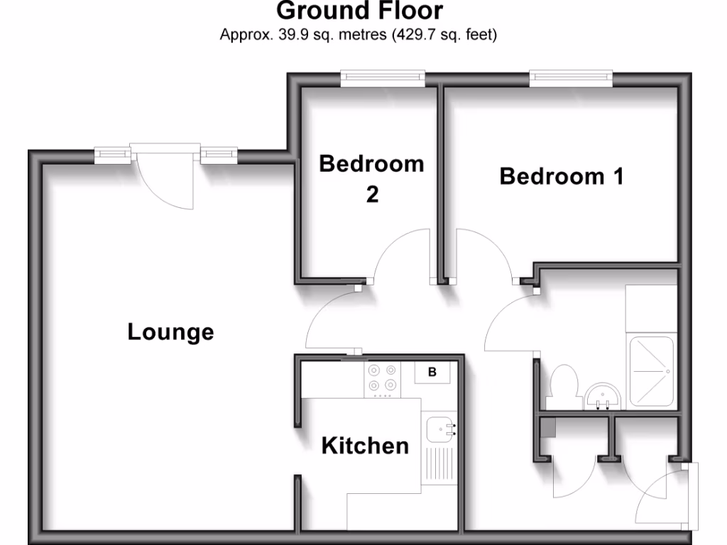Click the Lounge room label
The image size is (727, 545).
point(170,331)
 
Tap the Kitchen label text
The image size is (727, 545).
point(365,446)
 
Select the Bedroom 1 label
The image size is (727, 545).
point(562,176)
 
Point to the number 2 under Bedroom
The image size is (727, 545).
point(373,194)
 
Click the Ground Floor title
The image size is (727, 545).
point(359,11)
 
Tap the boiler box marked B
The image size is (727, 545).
point(432,372)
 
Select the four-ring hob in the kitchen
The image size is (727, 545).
point(381,379)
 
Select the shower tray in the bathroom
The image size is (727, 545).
point(651,373)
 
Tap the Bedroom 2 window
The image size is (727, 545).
point(383,78)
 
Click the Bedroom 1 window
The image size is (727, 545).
point(571,78)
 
